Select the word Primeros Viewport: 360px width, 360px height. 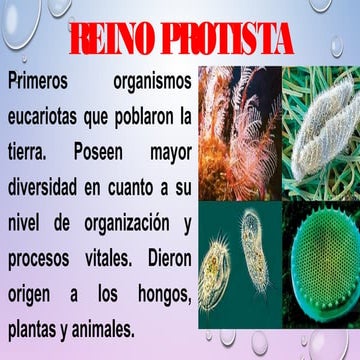[41, 79]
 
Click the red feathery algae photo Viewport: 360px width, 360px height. [239, 130]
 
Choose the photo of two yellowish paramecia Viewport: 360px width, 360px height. [239, 262]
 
